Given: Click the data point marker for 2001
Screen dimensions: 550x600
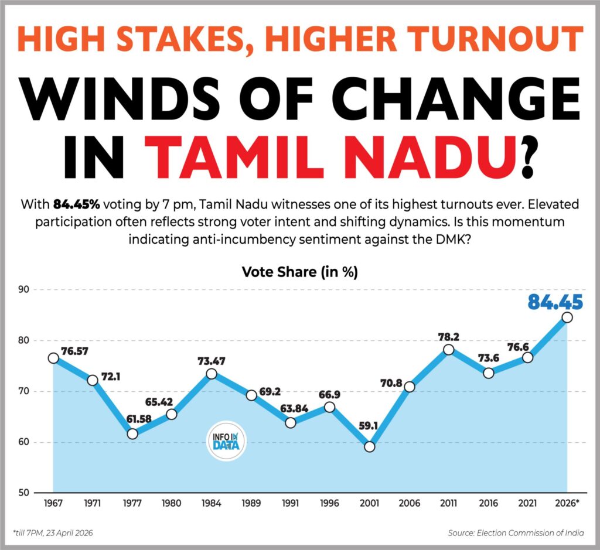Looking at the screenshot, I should pyautogui.click(x=369, y=447).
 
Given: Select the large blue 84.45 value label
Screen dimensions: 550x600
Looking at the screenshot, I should pyautogui.click(x=555, y=302).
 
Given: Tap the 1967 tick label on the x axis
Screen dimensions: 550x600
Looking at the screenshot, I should pyautogui.click(x=53, y=503).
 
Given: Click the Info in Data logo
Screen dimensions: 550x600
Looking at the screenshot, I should pyautogui.click(x=227, y=440).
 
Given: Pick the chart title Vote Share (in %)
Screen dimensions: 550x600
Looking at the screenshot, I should pyautogui.click(x=299, y=272).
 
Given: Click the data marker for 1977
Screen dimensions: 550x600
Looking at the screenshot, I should pyautogui.click(x=132, y=434).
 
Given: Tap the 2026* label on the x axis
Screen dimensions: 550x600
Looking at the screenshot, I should pyautogui.click(x=567, y=503).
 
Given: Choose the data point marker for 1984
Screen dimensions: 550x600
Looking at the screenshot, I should pyautogui.click(x=212, y=374).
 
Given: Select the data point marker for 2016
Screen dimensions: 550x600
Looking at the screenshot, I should pyautogui.click(x=488, y=373).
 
